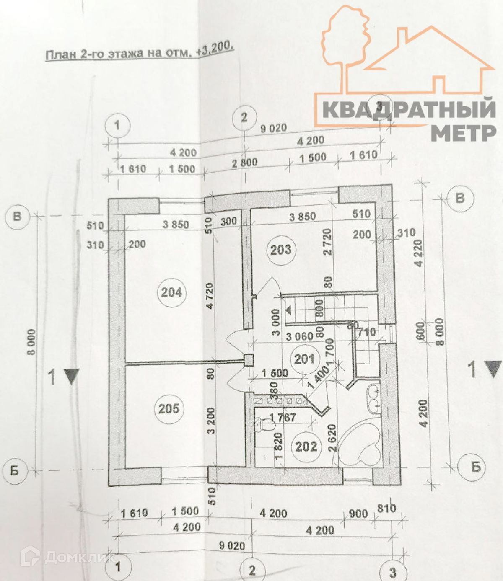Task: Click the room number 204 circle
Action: [x=171, y=292]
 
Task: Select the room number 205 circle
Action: [x=169, y=408]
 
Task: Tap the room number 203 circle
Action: [x=280, y=250]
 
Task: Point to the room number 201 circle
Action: [x=304, y=359]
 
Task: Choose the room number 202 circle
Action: [x=306, y=447]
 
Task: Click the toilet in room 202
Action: [x=264, y=425]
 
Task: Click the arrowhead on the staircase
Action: [x=289, y=310]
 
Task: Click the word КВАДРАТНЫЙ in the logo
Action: [x=409, y=110]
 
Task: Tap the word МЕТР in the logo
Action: [x=464, y=133]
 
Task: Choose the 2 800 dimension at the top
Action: [x=245, y=163]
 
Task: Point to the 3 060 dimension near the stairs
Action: [x=300, y=336]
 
